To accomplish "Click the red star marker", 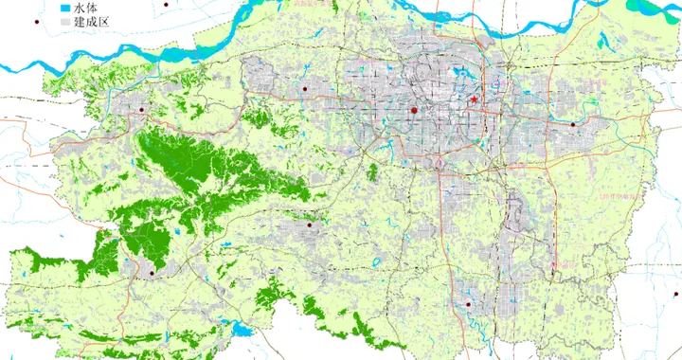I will pos(474,99).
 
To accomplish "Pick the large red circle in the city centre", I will pos(414,112).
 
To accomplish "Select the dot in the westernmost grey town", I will pos(141,110).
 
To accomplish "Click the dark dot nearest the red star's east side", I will pos(573,124).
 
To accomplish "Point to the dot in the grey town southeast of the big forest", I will pos(310,225).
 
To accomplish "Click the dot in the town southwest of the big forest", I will pos(151,274).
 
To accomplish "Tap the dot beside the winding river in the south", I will pos(468,304).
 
